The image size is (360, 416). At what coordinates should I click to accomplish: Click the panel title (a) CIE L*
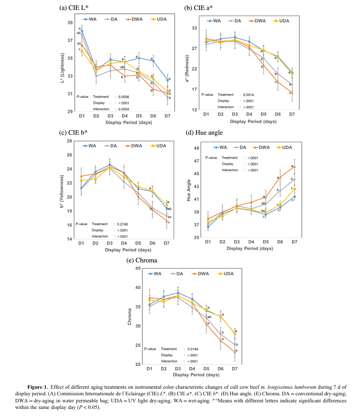pos(77,7)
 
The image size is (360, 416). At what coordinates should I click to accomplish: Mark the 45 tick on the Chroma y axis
pos(138,268)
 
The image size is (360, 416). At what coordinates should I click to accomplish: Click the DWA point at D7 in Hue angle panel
pos(294,167)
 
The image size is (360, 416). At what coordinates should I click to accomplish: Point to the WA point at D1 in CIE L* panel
pos(82,31)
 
